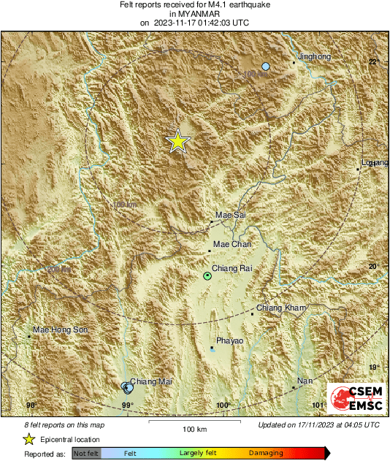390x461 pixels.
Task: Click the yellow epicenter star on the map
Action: tap(177, 141)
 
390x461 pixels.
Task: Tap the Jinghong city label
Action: tap(315, 57)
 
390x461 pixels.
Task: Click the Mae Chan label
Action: tap(232, 244)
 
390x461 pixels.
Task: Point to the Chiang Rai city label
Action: tap(232, 269)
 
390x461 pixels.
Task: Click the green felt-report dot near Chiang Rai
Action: tap(207, 276)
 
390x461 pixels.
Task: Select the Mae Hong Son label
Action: tap(61, 330)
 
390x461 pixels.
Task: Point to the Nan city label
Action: tap(305, 381)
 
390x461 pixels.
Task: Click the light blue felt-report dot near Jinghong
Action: tap(266, 66)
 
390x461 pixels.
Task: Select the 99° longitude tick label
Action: tap(127, 405)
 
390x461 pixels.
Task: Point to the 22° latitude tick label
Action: tap(372, 61)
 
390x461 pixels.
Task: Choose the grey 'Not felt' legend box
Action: tap(86, 454)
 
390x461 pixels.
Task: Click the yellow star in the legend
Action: tap(28, 439)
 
